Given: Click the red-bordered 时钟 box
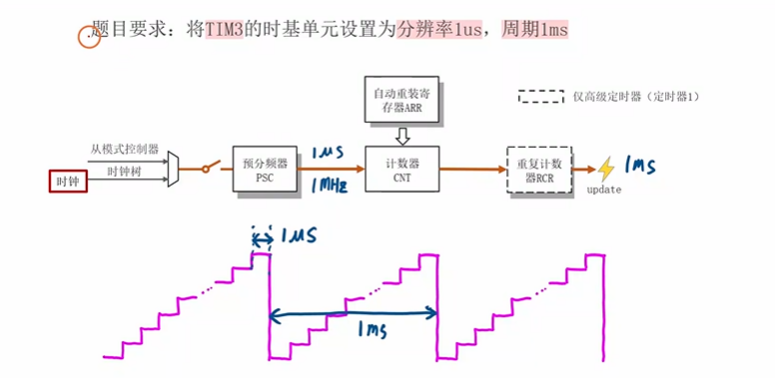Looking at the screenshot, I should [x=67, y=181].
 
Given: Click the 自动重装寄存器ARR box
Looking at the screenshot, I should [x=398, y=100].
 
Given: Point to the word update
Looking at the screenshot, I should [x=604, y=189].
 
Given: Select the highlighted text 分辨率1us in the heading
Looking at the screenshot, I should [x=433, y=31].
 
